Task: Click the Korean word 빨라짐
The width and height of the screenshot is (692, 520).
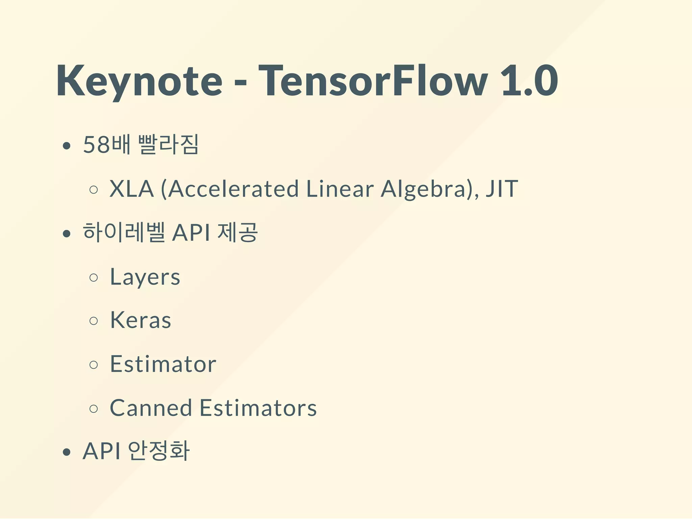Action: point(169,145)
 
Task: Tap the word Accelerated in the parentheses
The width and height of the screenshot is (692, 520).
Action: point(233,189)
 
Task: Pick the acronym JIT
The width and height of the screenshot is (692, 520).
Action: point(501,189)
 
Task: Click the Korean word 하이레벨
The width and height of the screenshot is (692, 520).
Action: point(124,233)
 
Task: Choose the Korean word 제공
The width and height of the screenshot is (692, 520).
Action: point(238,233)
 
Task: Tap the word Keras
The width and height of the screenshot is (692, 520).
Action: point(141,320)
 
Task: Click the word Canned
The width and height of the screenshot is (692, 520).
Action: point(151,408)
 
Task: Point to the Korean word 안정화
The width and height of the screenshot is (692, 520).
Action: point(159,451)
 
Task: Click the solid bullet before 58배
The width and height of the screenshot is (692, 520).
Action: point(67,146)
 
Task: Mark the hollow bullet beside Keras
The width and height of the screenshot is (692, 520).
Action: point(94,321)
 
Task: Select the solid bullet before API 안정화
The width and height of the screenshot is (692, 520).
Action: point(67,452)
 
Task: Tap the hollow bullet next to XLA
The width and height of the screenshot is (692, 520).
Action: point(94,190)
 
